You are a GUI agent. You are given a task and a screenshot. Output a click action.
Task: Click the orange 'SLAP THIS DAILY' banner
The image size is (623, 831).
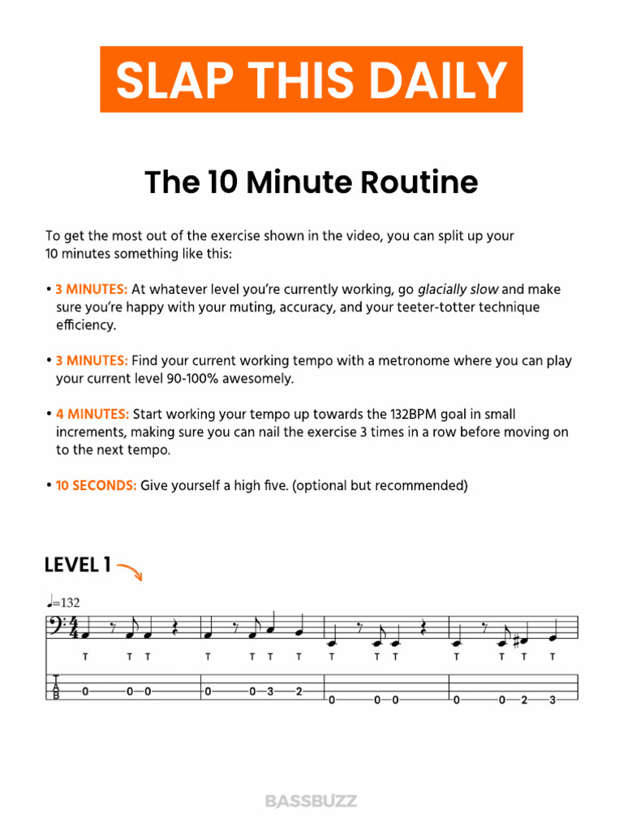(311, 80)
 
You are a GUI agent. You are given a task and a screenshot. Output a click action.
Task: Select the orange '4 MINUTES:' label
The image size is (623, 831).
(92, 415)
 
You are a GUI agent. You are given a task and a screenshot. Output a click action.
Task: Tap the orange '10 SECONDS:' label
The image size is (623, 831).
(96, 486)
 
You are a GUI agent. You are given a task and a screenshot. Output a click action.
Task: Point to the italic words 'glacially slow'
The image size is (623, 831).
(458, 290)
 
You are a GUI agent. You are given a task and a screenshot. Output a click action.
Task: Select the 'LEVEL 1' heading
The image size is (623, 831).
(78, 566)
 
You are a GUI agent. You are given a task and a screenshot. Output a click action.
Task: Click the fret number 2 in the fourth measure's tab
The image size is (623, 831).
(523, 700)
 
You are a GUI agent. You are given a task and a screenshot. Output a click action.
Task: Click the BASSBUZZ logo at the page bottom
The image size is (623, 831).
(311, 801)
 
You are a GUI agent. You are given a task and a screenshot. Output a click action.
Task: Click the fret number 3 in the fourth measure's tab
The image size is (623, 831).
(552, 700)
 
